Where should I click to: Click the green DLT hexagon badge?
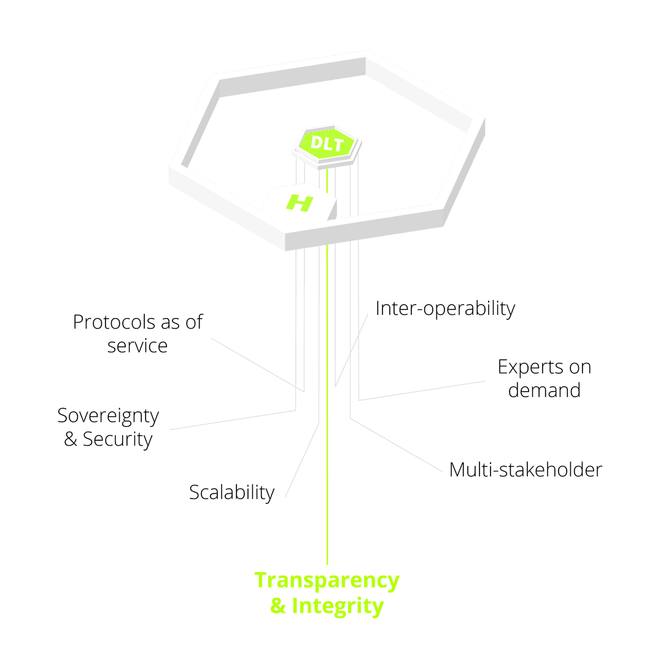(327, 144)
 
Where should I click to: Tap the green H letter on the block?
(300, 203)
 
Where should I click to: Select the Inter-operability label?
(445, 309)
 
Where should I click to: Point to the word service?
(138, 346)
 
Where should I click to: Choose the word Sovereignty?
(108, 416)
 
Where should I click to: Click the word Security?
(117, 440)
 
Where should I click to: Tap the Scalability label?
(231, 493)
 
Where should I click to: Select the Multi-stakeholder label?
(525, 470)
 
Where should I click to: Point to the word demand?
(544, 390)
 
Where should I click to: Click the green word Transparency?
(327, 581)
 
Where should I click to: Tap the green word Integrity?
(338, 607)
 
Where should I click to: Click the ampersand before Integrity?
(278, 605)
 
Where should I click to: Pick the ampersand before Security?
(70, 439)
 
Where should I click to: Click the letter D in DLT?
(317, 142)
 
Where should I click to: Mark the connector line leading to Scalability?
(302, 460)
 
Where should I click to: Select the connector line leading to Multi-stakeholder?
(397, 445)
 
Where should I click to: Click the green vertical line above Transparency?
(327, 366)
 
